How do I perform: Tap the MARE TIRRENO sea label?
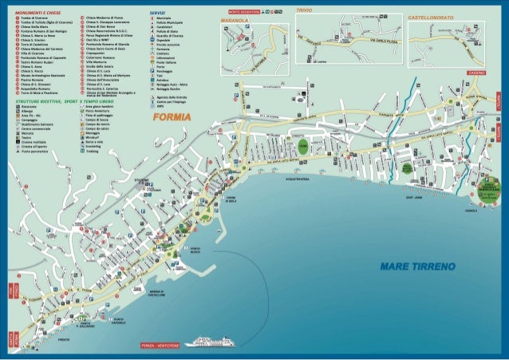(417, 265)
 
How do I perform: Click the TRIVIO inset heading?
(304, 10)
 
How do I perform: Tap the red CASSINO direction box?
(476, 73)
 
